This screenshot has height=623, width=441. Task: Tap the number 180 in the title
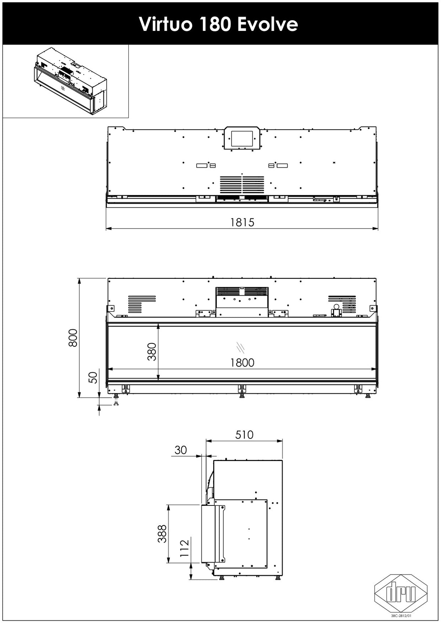click(x=215, y=24)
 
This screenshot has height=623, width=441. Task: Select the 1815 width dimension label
click(x=242, y=222)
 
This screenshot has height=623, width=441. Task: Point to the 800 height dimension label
click(x=73, y=338)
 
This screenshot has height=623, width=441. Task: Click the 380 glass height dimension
click(x=152, y=352)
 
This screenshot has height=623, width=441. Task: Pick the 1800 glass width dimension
click(x=242, y=363)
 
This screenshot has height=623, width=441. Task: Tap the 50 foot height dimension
click(x=94, y=378)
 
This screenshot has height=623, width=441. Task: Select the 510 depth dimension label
click(x=244, y=435)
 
